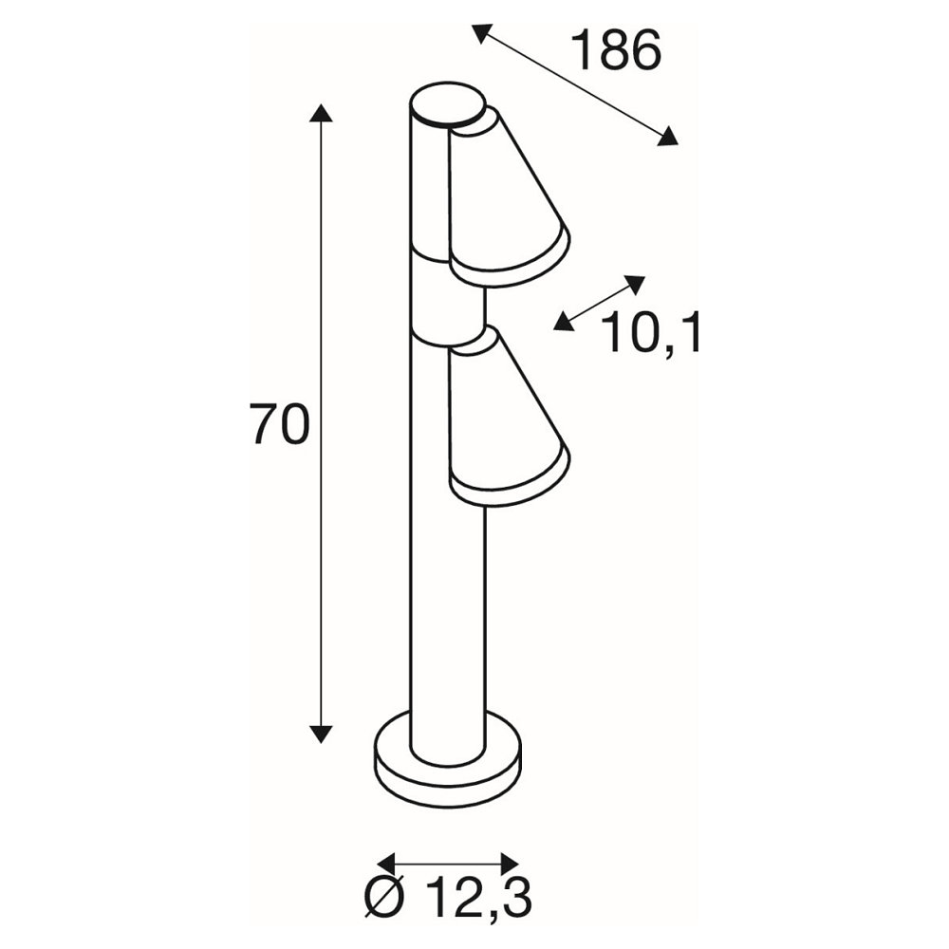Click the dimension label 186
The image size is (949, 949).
(616, 50)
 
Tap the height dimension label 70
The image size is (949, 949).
(281, 424)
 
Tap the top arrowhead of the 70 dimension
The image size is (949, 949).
(321, 113)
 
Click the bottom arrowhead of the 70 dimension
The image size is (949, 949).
(321, 733)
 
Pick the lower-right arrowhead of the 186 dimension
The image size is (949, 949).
(667, 136)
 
